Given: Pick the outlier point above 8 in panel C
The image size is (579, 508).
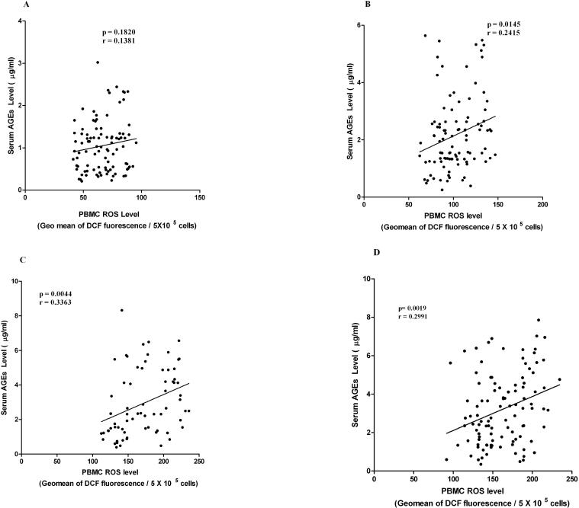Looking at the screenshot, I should [121, 310].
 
